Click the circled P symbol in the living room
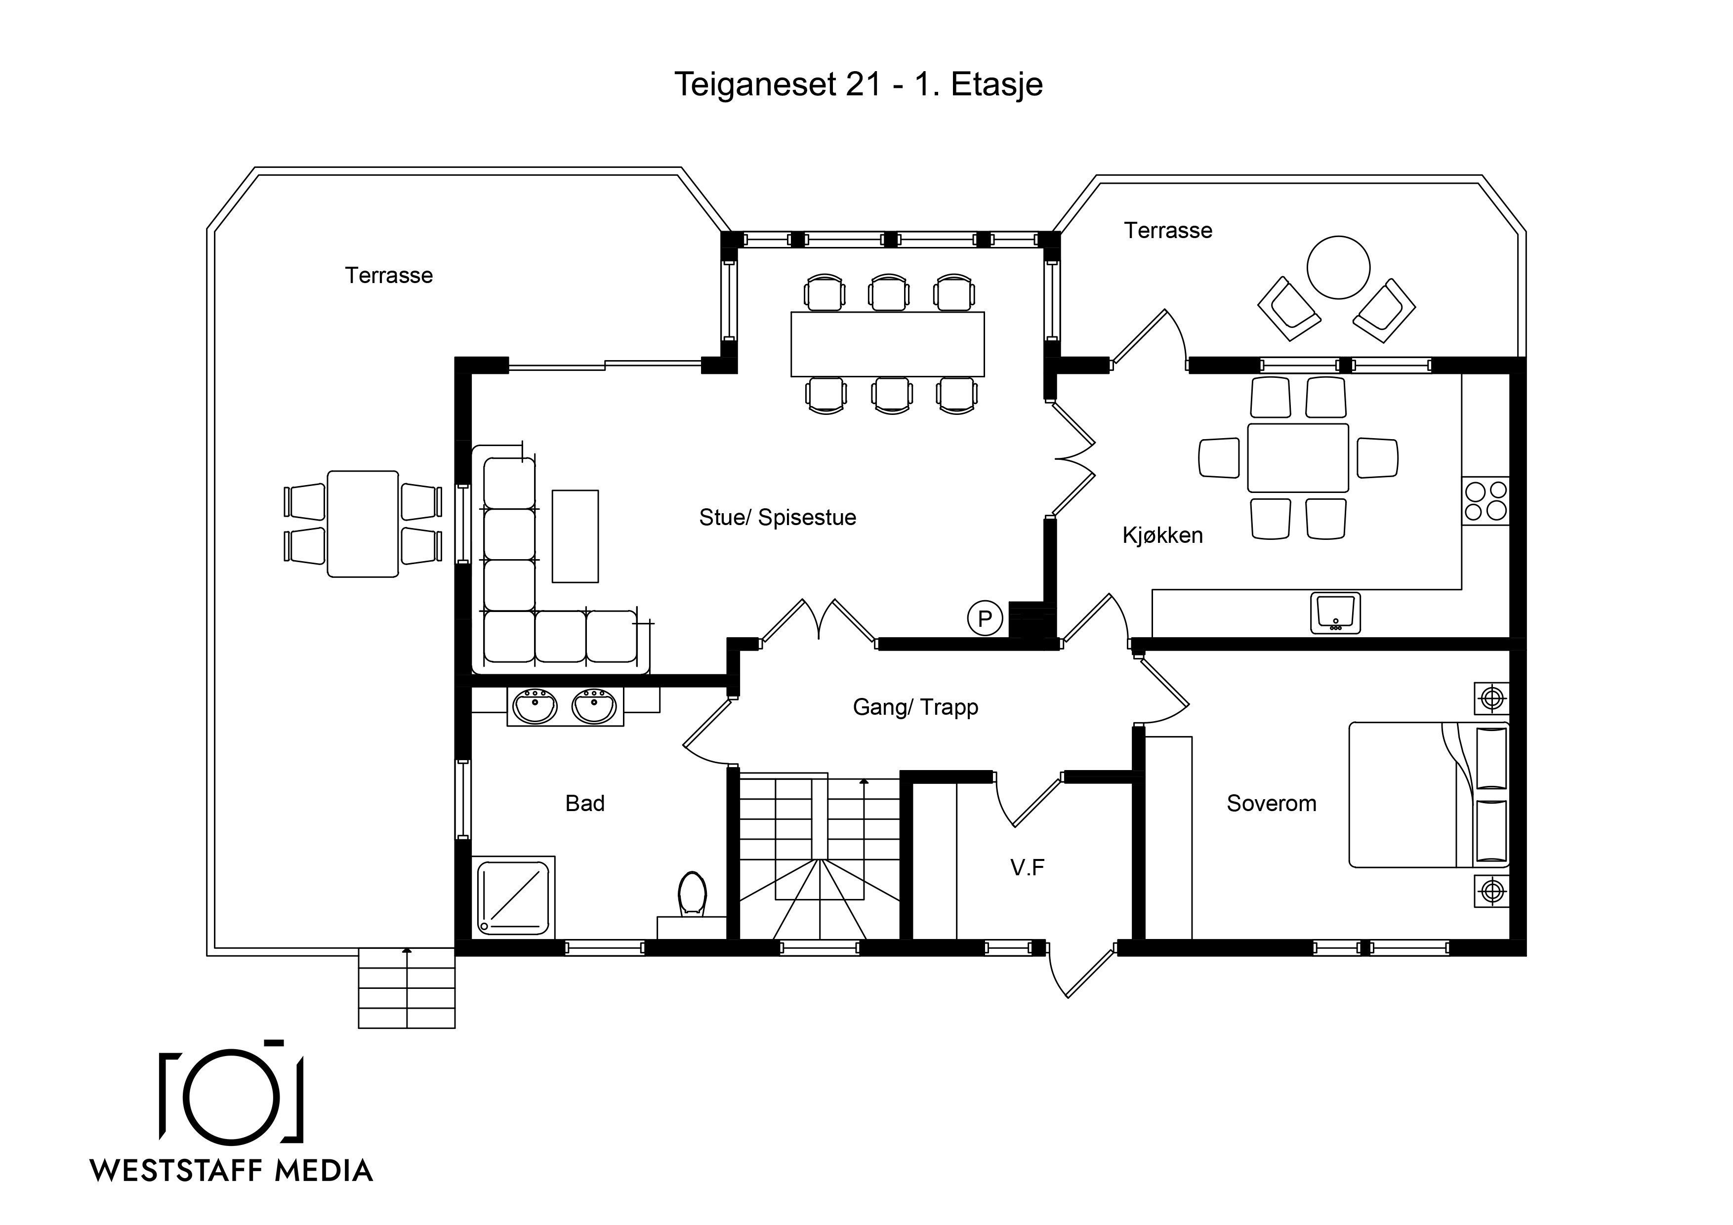click(985, 619)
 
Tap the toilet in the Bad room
click(692, 895)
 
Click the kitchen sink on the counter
click(1335, 613)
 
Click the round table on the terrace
click(1338, 268)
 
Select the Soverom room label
click(1271, 803)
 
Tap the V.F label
click(1027, 868)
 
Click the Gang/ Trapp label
click(915, 707)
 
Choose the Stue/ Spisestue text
click(778, 518)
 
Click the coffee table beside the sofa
click(575, 536)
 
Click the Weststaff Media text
click(232, 1171)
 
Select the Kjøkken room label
click(1162, 535)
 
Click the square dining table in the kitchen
click(1298, 458)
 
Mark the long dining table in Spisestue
click(888, 344)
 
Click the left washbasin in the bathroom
click(535, 707)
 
